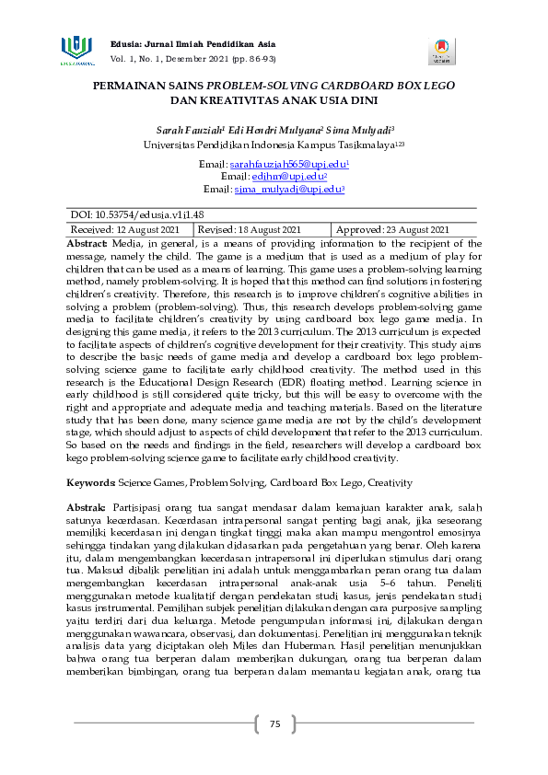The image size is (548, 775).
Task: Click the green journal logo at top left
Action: [77, 50]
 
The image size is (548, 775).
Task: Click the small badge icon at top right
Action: [441, 51]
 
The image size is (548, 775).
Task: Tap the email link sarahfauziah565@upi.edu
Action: [287, 163]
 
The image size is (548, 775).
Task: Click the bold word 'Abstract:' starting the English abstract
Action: [87, 241]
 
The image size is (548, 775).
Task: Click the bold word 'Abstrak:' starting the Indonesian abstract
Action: [87, 507]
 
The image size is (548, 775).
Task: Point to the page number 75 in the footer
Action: [274, 724]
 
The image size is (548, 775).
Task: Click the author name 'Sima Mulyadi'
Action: [359, 131]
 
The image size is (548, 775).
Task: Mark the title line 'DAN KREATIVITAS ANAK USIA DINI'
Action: [274, 98]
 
